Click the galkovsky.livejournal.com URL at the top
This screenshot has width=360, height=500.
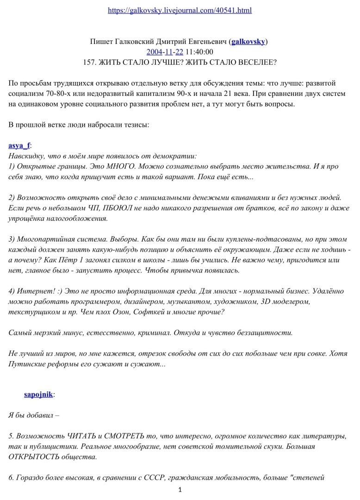[180, 10]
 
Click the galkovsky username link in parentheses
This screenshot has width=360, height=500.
[248, 41]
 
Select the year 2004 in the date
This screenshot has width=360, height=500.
[154, 51]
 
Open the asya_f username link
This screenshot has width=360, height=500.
[19, 145]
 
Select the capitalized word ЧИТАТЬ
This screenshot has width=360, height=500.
[78, 437]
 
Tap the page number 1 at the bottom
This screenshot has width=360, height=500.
[180, 490]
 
